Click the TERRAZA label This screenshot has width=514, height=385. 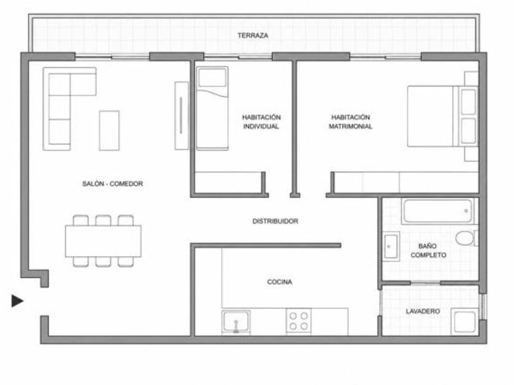coord(253,35)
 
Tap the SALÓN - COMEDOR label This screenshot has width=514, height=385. coord(113,184)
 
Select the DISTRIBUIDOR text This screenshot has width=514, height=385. coord(275,221)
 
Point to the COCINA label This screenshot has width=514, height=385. coord(280,282)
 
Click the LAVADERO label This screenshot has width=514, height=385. coord(423,311)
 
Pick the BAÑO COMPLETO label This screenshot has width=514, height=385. coord(428,251)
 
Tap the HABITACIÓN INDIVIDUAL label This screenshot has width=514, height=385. coord(261,122)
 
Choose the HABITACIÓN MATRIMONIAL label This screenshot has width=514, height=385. coord(351,122)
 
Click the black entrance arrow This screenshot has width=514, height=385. coord(17,301)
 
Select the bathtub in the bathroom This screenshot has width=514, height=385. coord(438,211)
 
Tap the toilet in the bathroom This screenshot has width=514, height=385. coord(466,238)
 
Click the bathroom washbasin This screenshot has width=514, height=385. coord(391,246)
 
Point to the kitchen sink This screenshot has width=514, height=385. coord(236,321)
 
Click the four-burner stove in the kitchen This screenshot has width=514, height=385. coord(299,321)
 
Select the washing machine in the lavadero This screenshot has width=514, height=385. coord(464,321)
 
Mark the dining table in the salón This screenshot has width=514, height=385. coord(103,241)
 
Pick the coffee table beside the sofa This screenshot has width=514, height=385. coord(109,130)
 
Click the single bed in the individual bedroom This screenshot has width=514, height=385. coord(212,108)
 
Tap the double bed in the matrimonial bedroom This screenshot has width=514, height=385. coord(442,116)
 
